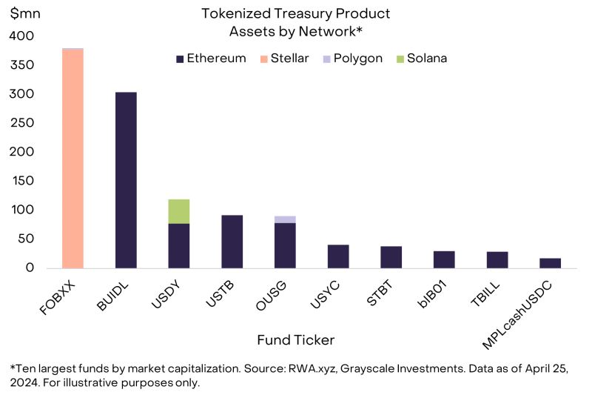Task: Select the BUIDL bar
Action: click(x=126, y=179)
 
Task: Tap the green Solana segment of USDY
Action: click(x=179, y=211)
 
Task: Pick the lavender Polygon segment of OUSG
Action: click(x=285, y=219)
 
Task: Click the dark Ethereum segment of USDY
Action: click(x=179, y=245)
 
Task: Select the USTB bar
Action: click(x=232, y=241)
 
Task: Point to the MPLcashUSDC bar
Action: click(x=550, y=262)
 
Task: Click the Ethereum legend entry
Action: click(x=211, y=59)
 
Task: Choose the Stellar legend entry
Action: click(x=284, y=59)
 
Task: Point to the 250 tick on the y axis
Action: click(x=22, y=123)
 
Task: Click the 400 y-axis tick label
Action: click(x=22, y=36)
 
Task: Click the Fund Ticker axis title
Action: click(x=295, y=340)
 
